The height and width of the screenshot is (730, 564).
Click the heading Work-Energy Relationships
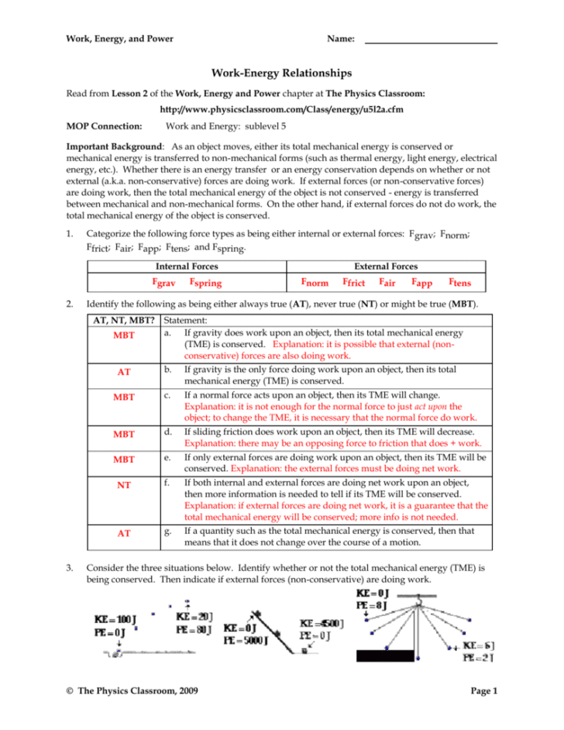[281, 74]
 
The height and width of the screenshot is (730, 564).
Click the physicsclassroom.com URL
[281, 109]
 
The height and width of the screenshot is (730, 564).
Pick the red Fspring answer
[211, 283]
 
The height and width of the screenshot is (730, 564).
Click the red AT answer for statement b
[123, 372]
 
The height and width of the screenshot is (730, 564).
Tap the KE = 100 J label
[112, 620]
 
